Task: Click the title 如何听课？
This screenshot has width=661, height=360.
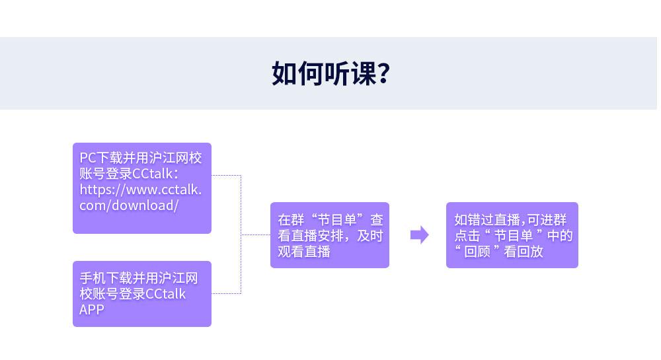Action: [x=330, y=74]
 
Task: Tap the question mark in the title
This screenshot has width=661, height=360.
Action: [x=381, y=74]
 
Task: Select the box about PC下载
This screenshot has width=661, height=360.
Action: [x=141, y=188]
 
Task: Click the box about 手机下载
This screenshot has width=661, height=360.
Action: [x=141, y=293]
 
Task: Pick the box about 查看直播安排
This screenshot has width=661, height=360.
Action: [x=329, y=234]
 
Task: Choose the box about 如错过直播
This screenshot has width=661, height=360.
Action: [x=512, y=234]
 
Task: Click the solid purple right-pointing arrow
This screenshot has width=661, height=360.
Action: [x=419, y=234]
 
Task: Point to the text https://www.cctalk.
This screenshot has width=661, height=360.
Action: [x=141, y=189]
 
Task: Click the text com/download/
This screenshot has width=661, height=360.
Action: [x=129, y=205]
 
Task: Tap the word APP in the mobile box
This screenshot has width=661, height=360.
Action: [x=92, y=309]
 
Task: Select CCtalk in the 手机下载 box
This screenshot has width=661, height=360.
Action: [x=165, y=294]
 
